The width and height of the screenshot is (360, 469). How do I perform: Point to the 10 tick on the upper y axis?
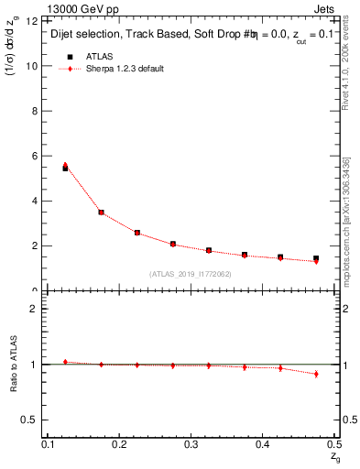pos(35,66)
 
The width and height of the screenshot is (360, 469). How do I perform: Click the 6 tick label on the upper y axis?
pos(38,156)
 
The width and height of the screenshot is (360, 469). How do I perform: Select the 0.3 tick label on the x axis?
pos(191,443)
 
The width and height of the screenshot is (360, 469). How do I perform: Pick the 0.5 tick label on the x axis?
pos(334,443)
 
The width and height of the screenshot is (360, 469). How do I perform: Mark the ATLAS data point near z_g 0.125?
pos(65,168)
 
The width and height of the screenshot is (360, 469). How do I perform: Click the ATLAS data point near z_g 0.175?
pos(101,213)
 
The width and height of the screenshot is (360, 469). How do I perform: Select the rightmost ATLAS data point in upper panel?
pos(316,258)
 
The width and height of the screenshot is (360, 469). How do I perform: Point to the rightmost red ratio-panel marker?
pos(316,374)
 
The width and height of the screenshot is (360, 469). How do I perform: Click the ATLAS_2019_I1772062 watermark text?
pos(190,274)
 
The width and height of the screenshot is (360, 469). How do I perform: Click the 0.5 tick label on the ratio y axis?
pos(34,420)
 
